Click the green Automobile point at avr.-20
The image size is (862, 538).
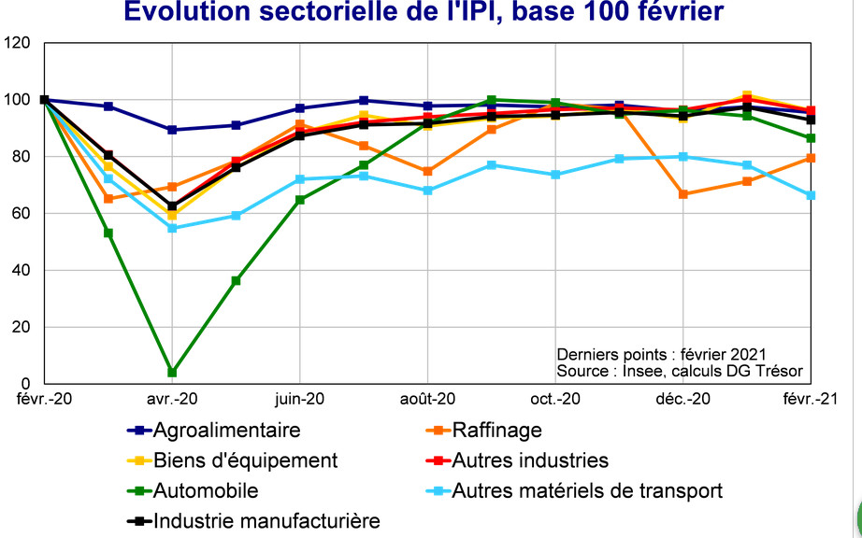point(172,373)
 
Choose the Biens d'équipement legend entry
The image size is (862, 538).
point(245,460)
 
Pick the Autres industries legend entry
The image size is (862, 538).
point(529,460)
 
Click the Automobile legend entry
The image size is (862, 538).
point(205,490)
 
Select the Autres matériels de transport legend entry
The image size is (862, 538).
point(586,490)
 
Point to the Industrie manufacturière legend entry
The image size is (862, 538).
point(266,520)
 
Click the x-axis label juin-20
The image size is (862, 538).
point(299,400)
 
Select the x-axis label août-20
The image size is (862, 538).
point(427,400)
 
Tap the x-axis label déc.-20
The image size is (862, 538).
point(682,400)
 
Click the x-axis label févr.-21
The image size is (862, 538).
point(810,400)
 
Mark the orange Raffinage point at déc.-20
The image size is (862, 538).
point(683,194)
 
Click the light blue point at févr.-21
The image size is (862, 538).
point(812,195)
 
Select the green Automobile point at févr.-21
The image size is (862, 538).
point(812,138)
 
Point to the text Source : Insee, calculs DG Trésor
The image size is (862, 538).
point(680,370)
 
